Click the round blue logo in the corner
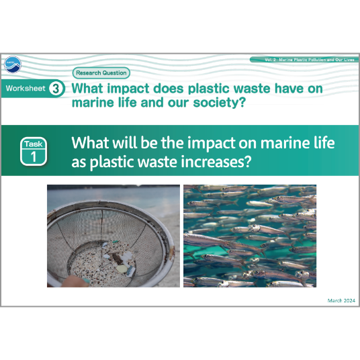[13, 64]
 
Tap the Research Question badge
[101, 73]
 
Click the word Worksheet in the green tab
[26, 89]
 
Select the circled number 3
[56, 89]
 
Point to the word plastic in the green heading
[208, 89]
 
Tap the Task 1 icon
[34, 151]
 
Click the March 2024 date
[341, 300]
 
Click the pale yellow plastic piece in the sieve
[122, 268]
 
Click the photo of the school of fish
[250, 236]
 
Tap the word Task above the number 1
[34, 144]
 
